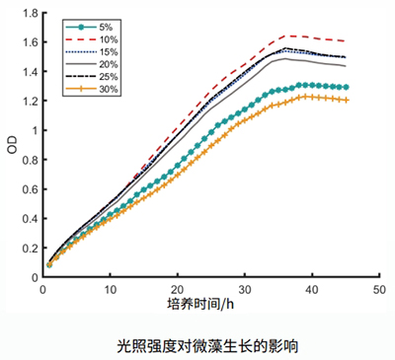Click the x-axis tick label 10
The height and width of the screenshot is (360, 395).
tap(110, 290)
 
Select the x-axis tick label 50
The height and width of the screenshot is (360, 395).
tap(378, 290)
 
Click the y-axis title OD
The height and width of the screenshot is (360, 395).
tap(11, 145)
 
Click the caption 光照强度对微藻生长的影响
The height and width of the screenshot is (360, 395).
tap(197, 345)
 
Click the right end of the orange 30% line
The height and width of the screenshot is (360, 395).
tap(346, 100)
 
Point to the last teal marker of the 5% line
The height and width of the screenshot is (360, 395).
tap(346, 87)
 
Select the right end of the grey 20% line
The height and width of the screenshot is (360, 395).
tap(346, 66)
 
